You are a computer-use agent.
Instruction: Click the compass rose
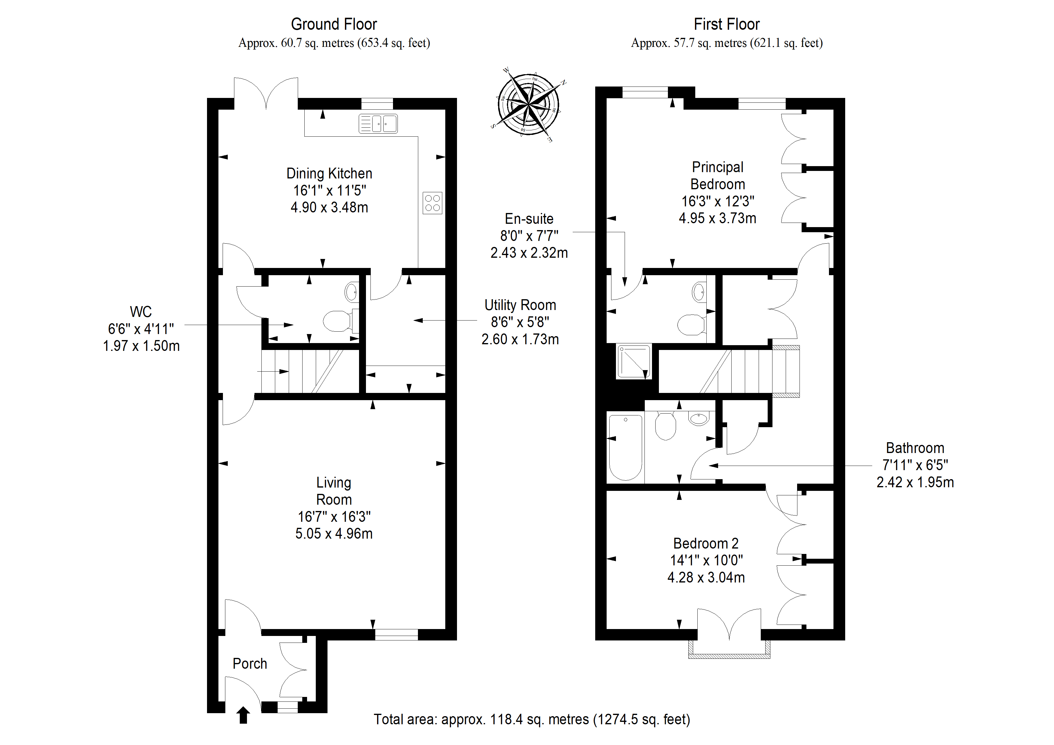point(529,105)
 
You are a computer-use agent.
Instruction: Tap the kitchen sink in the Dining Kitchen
point(378,123)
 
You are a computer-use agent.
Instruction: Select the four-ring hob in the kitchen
point(432,203)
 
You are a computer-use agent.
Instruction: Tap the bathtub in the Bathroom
point(625,448)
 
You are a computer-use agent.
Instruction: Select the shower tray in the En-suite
point(633,362)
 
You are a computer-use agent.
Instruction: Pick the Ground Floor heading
point(334,24)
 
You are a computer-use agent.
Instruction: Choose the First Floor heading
point(727,24)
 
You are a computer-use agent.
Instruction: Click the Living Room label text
point(334,491)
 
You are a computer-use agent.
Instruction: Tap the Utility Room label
point(520,305)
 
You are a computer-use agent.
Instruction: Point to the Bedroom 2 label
point(706,543)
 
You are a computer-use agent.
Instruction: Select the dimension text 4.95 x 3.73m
point(717,218)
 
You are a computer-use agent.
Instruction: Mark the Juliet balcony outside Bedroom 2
point(729,649)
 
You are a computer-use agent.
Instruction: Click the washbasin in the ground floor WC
point(352,291)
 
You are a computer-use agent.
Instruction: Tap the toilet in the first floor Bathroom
point(665,425)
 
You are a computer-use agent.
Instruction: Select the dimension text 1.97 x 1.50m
point(142,346)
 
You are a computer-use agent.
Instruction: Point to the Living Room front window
point(396,634)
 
